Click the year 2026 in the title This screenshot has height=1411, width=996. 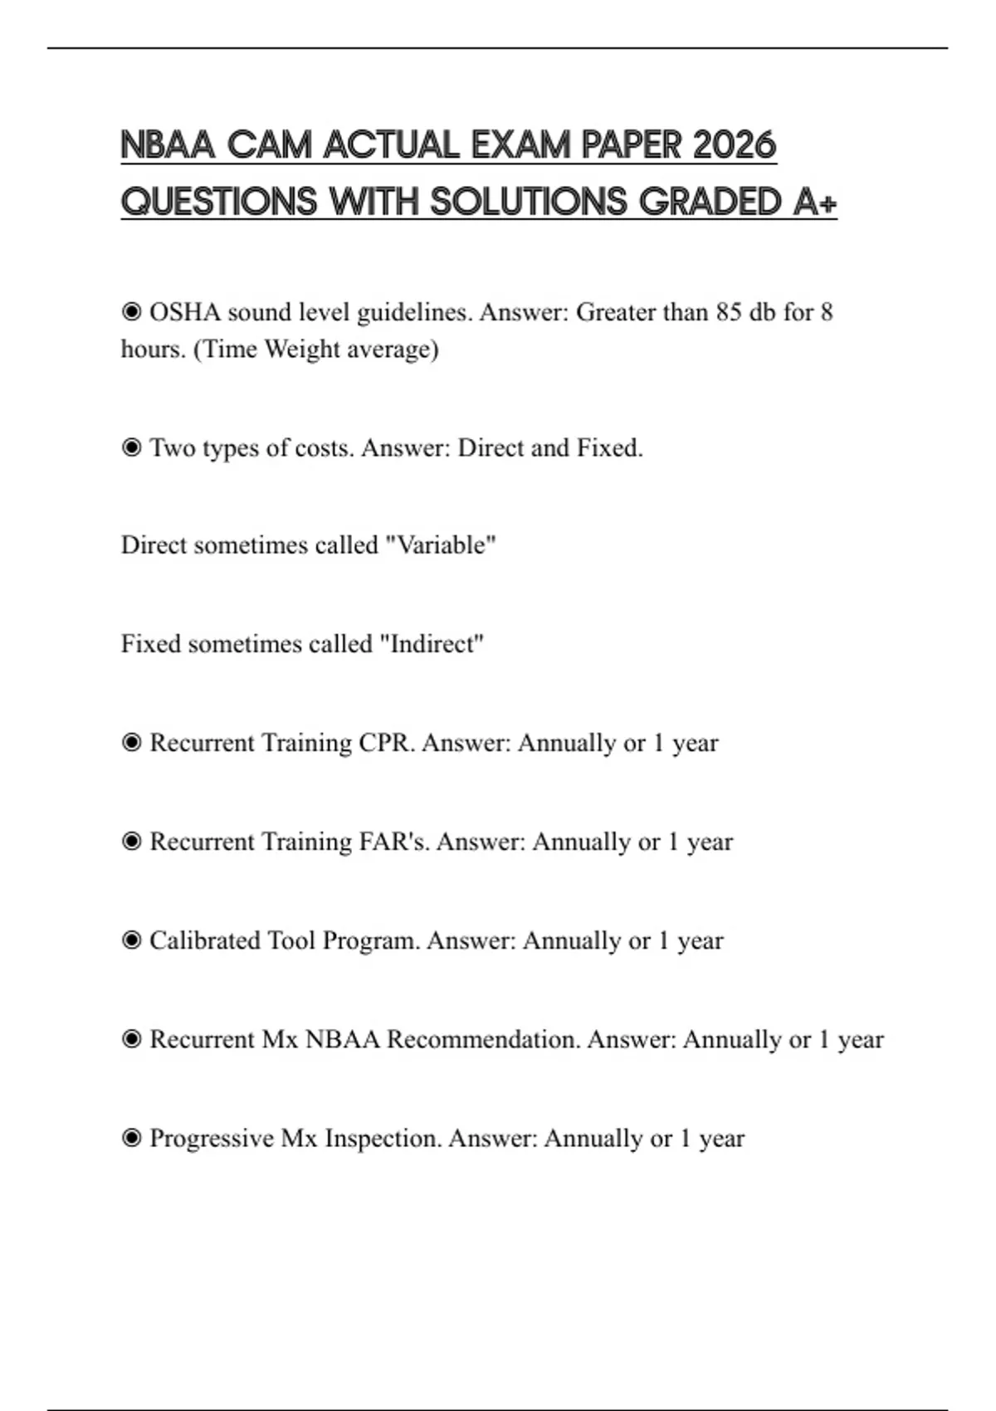pyautogui.click(x=734, y=145)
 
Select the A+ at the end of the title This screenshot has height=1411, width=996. pyautogui.click(x=814, y=202)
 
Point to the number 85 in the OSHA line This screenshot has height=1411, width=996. pyautogui.click(x=728, y=313)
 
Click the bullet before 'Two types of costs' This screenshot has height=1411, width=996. pyautogui.click(x=131, y=448)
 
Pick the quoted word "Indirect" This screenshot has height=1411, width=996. pyautogui.click(x=432, y=644)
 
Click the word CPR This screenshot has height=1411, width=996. pyautogui.click(x=385, y=743)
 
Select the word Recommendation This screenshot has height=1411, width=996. pyautogui.click(x=483, y=1039)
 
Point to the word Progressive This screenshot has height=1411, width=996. pyautogui.click(x=212, y=1138)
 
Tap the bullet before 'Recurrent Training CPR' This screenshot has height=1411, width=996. pyautogui.click(x=131, y=743)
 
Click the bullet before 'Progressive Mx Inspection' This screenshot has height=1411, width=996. pyautogui.click(x=131, y=1138)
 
